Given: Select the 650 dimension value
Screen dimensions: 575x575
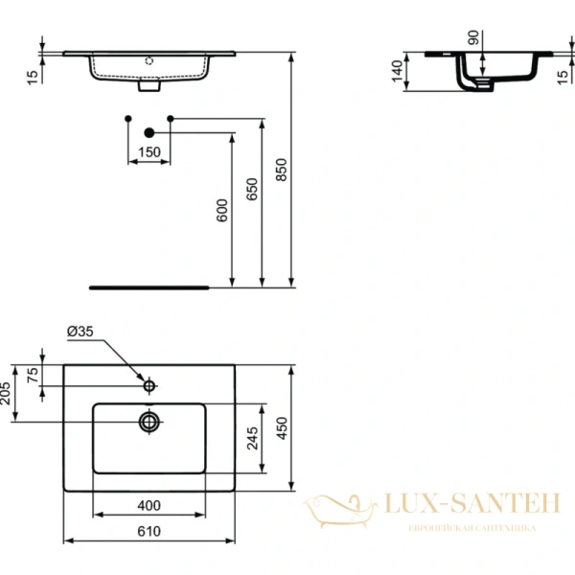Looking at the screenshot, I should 251,189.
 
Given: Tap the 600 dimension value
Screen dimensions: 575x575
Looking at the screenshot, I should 221,210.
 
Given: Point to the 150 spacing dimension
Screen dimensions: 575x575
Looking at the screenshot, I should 149,152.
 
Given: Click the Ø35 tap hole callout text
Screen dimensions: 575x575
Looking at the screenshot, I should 80,332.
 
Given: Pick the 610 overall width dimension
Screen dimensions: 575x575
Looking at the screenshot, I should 149,531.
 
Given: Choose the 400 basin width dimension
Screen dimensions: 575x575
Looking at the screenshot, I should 148,504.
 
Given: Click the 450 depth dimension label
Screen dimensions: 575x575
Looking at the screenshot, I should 281,427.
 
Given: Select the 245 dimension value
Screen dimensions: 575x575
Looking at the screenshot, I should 252,438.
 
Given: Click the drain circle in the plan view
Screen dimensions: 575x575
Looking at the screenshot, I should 149,421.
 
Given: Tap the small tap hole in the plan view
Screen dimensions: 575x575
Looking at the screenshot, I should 149,386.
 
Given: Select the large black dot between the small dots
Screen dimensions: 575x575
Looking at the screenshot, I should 149,132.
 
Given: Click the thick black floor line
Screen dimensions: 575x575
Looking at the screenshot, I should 149,286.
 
